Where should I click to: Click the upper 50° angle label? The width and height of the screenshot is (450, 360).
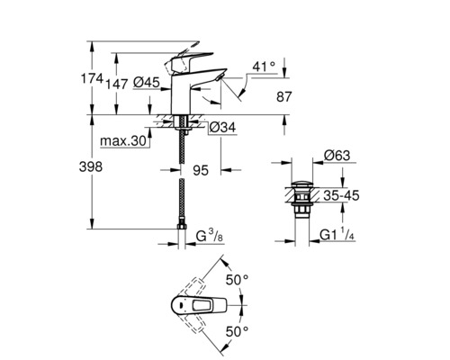[238, 280]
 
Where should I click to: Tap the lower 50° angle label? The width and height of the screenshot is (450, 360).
[238, 331]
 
